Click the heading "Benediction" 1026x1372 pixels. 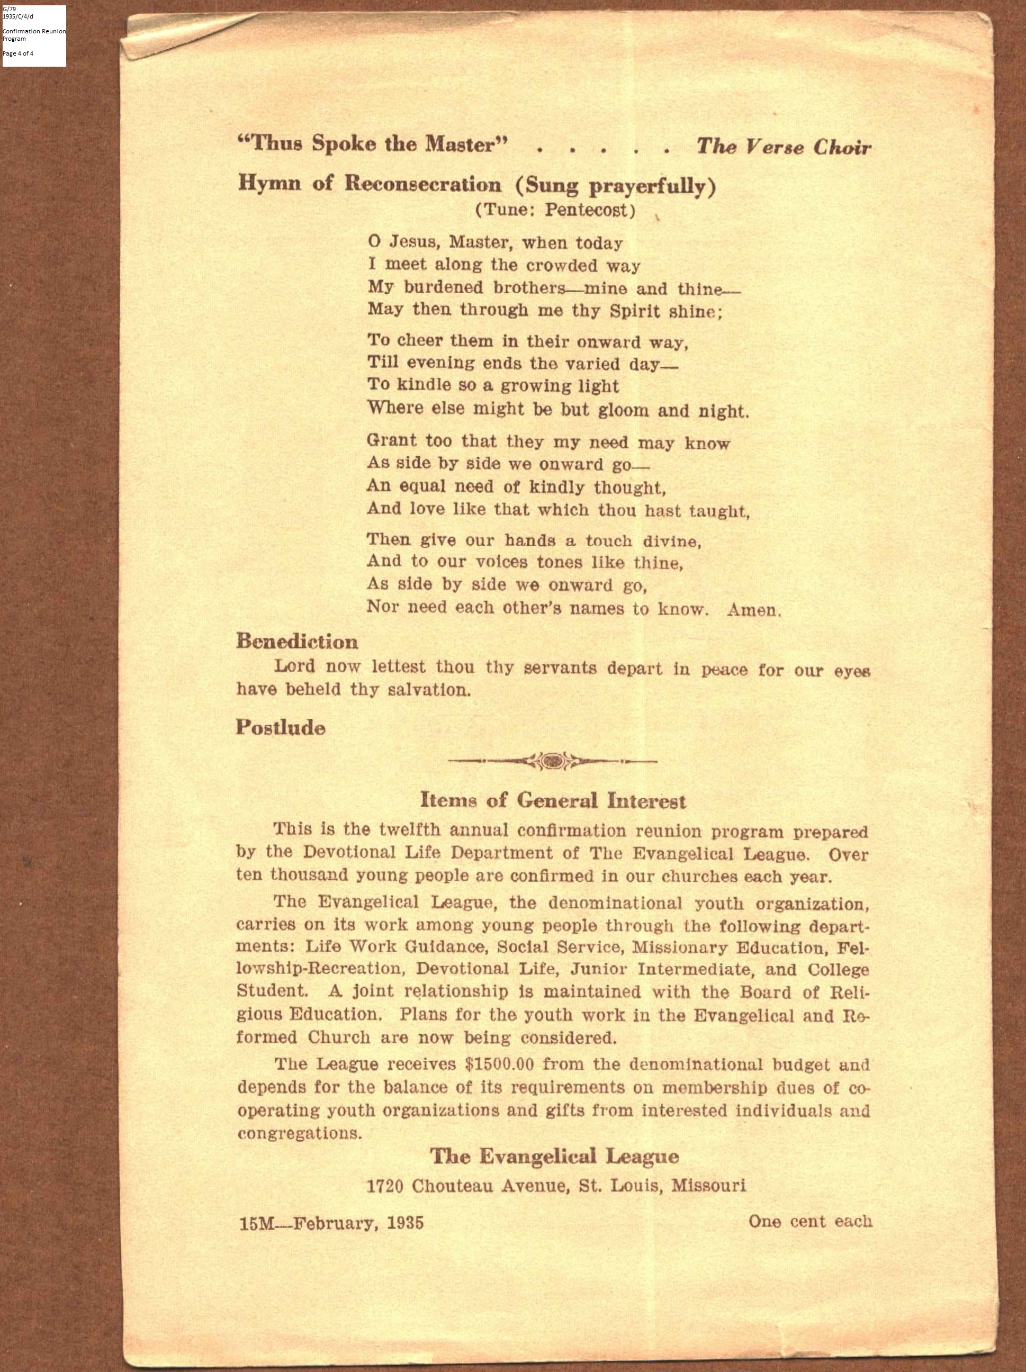296,642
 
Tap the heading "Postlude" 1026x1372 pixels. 281,728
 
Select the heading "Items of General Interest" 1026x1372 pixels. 553,801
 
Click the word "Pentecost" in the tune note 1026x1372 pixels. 589,211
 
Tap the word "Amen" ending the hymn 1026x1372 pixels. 752,610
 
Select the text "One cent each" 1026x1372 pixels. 810,1221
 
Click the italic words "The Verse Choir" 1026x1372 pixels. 784,147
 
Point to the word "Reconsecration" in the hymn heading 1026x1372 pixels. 422,184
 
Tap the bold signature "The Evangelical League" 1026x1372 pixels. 555,1156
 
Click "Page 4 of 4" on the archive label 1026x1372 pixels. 18,53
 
